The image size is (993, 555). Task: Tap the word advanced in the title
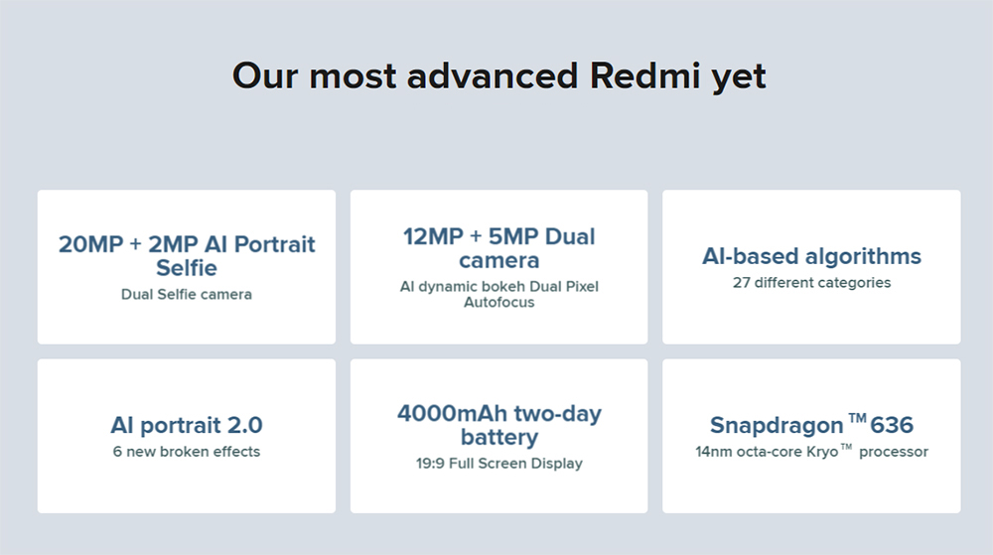(x=493, y=76)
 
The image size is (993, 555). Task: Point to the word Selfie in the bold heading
(x=187, y=268)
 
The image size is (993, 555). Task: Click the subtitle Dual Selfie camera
(x=187, y=294)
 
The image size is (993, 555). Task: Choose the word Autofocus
(x=499, y=302)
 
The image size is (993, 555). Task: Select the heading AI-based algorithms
(x=811, y=256)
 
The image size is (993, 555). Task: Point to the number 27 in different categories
(x=741, y=282)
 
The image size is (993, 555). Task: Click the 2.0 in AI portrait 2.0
(x=243, y=425)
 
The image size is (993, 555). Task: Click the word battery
(x=499, y=438)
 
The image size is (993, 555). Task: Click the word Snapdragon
(x=776, y=426)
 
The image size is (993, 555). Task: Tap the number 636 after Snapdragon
(x=892, y=426)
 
